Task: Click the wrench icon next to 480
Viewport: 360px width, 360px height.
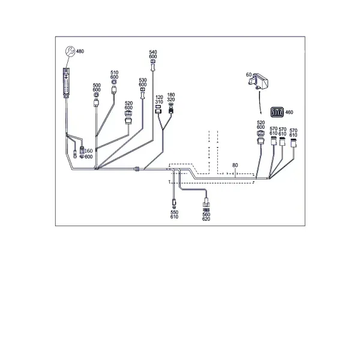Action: (x=70, y=51)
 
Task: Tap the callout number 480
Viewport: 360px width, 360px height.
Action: (x=80, y=51)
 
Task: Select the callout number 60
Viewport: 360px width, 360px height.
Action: (x=248, y=75)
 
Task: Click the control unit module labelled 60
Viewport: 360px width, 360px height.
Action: (x=258, y=81)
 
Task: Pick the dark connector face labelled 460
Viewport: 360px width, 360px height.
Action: (x=277, y=112)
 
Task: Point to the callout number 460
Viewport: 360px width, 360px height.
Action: (x=289, y=112)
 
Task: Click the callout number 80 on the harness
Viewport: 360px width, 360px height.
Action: (x=235, y=165)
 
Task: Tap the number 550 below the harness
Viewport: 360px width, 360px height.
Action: (x=174, y=212)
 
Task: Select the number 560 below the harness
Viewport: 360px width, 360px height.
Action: (x=206, y=214)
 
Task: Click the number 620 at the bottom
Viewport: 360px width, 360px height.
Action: (x=206, y=219)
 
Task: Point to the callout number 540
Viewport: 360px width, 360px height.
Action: (x=153, y=52)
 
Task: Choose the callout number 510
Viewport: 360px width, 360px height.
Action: (x=115, y=73)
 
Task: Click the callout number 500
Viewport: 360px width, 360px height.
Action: (x=97, y=85)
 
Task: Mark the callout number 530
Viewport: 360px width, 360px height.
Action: (x=143, y=80)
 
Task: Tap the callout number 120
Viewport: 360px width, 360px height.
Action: (x=159, y=97)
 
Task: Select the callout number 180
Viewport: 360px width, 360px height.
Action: (x=171, y=95)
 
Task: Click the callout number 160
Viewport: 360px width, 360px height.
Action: (x=89, y=151)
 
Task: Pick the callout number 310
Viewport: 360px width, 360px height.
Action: (x=159, y=102)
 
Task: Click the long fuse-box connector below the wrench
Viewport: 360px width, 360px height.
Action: (x=66, y=83)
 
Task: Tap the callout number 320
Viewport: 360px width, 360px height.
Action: (x=171, y=100)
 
